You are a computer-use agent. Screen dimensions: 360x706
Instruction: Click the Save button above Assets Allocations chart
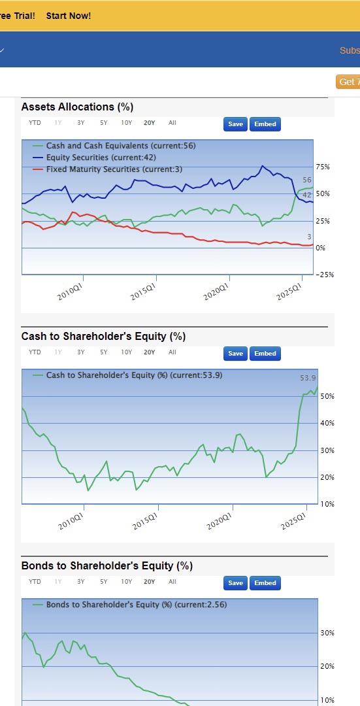(x=235, y=124)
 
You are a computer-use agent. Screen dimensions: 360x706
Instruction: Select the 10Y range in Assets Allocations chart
(x=127, y=122)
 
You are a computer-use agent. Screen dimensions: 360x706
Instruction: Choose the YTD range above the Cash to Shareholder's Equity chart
(x=35, y=352)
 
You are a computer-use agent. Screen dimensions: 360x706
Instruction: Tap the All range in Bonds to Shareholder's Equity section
(x=172, y=582)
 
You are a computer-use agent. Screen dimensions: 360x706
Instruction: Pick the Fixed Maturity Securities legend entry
(x=108, y=169)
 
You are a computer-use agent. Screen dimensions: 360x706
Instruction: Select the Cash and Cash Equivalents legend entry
(x=115, y=145)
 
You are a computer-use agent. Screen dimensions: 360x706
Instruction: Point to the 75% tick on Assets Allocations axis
(x=323, y=167)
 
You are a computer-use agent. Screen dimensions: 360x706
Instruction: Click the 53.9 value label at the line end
(x=308, y=378)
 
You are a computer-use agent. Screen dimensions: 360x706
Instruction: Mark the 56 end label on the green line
(x=307, y=180)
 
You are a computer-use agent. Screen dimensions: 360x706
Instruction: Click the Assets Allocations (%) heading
(x=77, y=107)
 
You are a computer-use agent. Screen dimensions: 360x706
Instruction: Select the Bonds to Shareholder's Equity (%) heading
(x=106, y=566)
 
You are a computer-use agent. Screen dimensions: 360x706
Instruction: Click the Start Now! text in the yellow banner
(x=69, y=16)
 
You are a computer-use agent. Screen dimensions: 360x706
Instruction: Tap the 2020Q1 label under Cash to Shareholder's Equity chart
(x=219, y=522)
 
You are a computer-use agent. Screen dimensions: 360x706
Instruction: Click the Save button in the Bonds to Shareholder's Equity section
(x=235, y=583)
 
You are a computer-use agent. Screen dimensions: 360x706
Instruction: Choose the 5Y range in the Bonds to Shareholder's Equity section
(x=104, y=582)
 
